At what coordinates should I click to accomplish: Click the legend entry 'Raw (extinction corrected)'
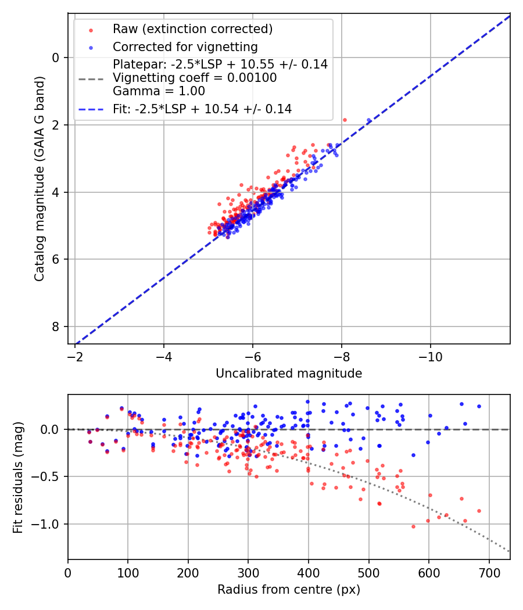click(x=192, y=29)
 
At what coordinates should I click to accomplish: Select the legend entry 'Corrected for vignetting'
click(x=185, y=46)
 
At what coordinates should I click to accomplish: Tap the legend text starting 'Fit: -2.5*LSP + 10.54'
click(x=202, y=109)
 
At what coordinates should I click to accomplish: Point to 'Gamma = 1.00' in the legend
click(x=159, y=91)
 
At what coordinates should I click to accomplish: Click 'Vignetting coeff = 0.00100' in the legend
click(x=195, y=78)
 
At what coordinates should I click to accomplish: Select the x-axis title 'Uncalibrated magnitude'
click(x=289, y=374)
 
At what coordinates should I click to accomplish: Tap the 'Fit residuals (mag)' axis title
click(x=18, y=477)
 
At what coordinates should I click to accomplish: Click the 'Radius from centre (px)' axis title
click(x=289, y=590)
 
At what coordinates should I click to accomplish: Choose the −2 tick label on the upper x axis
click(x=74, y=355)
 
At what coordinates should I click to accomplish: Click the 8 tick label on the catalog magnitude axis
click(x=56, y=327)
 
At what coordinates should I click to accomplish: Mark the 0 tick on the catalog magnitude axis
click(x=56, y=58)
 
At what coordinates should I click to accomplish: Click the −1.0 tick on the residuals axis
click(x=48, y=524)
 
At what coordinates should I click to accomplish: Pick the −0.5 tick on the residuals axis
click(x=48, y=477)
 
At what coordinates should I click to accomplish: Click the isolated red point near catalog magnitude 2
click(x=345, y=120)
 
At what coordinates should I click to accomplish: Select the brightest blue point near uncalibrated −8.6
click(x=368, y=120)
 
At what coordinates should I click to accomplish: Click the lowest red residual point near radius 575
click(x=413, y=526)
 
